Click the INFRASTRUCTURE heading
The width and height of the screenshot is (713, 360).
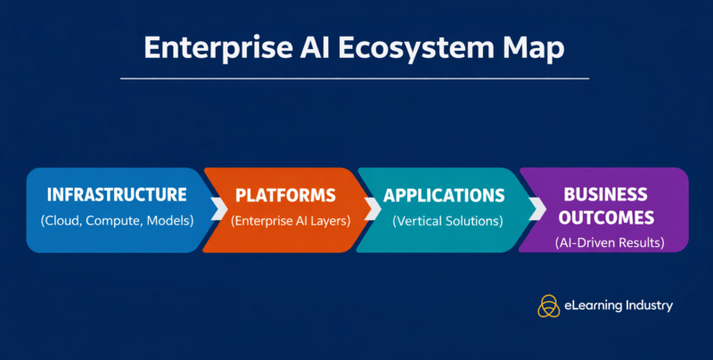117,195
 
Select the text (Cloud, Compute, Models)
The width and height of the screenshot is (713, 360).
117,220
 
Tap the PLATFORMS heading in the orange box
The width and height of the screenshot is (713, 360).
285,195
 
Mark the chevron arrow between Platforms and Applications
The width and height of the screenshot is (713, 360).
373,209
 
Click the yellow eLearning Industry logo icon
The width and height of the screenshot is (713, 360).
547,306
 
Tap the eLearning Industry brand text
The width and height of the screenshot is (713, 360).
619,306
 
